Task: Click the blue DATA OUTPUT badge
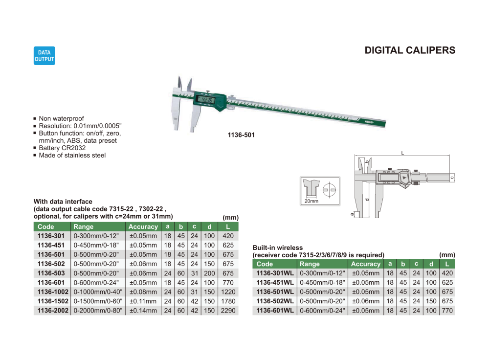(44, 56)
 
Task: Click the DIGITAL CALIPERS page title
(410, 50)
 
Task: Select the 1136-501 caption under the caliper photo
(241, 135)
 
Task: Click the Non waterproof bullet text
(61, 118)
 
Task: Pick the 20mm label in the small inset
(311, 201)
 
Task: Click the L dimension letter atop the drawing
(402, 153)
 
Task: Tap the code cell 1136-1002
(53, 292)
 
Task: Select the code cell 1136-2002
(53, 311)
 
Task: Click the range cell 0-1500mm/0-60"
(98, 301)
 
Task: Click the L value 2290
(228, 311)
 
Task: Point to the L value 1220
(228, 292)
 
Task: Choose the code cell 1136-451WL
(275, 283)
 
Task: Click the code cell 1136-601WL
(275, 311)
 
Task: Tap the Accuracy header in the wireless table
(365, 264)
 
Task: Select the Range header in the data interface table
(84, 227)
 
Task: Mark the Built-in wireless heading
(277, 248)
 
